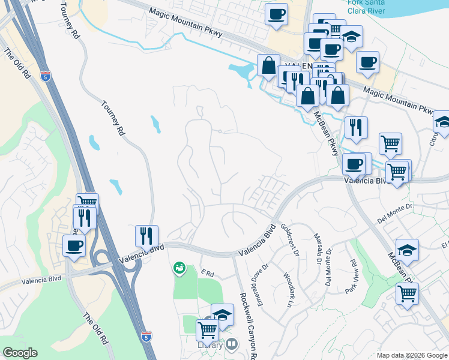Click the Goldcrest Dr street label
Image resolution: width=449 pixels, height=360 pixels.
[x=289, y=239]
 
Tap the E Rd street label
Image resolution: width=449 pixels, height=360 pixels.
[x=208, y=274]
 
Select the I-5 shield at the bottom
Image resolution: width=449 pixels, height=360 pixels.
[x=146, y=337]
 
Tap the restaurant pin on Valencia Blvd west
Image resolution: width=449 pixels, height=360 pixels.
[x=146, y=236]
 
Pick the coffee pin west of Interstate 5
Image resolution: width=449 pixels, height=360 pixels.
[x=74, y=245]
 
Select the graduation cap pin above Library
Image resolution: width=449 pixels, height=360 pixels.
[x=221, y=314]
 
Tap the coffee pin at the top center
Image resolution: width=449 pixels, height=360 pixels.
[x=276, y=14]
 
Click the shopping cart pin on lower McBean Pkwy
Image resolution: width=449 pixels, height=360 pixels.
[x=407, y=293]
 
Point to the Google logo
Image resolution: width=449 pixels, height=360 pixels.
[x=20, y=353]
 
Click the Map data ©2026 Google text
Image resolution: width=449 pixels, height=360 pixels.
[x=412, y=355]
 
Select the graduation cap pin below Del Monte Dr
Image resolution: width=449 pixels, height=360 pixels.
[x=407, y=250]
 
